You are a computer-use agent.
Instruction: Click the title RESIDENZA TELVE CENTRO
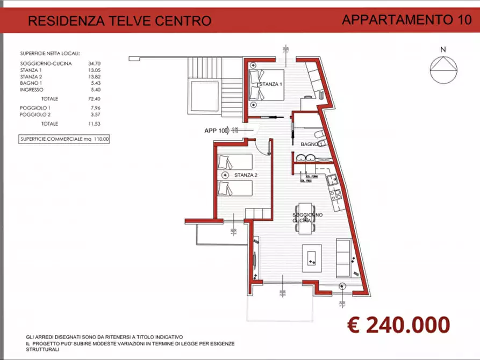(x=119, y=21)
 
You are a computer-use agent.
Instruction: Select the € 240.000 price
(x=398, y=325)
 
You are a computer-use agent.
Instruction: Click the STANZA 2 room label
(x=246, y=175)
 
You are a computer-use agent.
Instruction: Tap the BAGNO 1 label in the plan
(x=312, y=145)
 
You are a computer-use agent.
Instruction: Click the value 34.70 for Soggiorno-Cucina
(x=95, y=64)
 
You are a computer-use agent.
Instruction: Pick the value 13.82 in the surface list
(x=95, y=77)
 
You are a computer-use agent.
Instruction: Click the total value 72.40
(x=95, y=99)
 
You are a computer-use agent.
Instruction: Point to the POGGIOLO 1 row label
(x=35, y=108)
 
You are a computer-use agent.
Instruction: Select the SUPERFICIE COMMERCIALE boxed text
(x=64, y=139)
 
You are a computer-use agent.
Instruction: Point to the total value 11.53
(x=95, y=124)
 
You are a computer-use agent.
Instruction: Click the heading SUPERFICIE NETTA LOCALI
(x=49, y=54)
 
